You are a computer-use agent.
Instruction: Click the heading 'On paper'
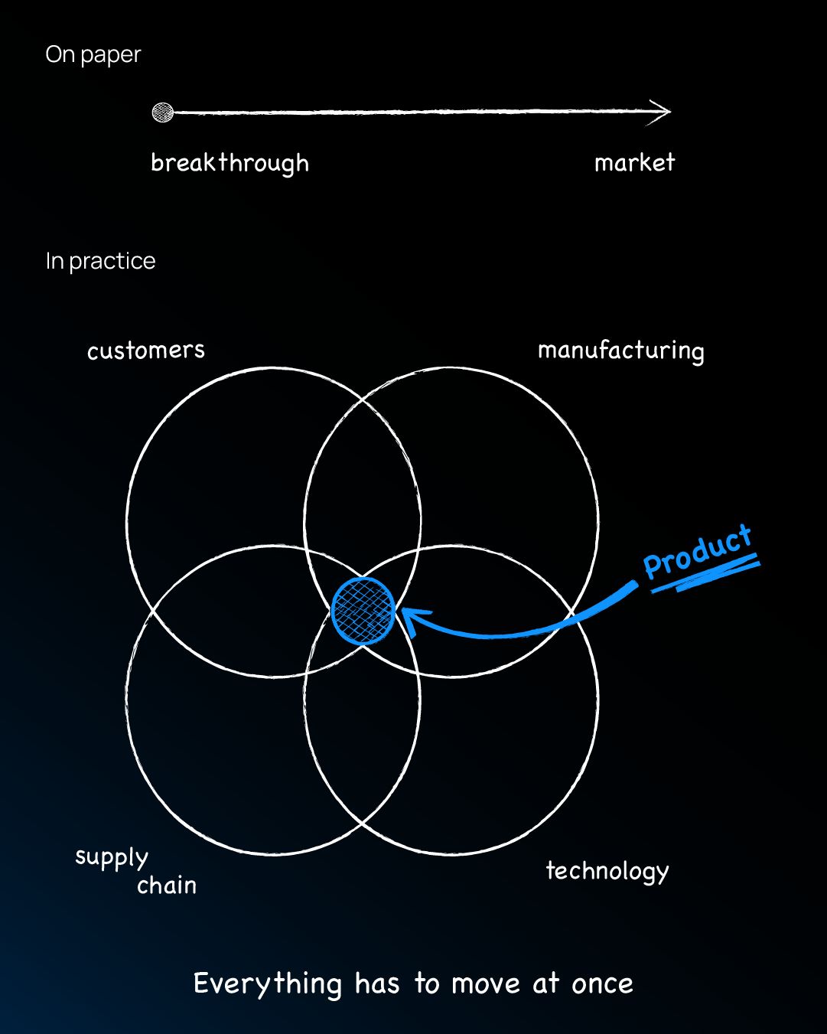[x=93, y=55]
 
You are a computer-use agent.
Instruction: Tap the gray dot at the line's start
[x=163, y=113]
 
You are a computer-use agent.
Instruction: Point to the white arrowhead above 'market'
[x=660, y=112]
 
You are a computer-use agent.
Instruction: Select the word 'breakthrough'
[x=230, y=163]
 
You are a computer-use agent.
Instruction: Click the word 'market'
[x=634, y=162]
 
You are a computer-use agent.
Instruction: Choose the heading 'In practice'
[x=100, y=262]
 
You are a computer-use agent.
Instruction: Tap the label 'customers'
[x=146, y=351]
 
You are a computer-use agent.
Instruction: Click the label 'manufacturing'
[x=621, y=351]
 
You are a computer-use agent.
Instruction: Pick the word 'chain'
[x=167, y=885]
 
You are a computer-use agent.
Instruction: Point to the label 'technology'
[x=607, y=871]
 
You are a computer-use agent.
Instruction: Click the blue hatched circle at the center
[x=363, y=611]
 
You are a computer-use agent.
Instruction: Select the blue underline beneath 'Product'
[x=705, y=573]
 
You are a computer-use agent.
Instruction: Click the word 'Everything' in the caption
[x=268, y=983]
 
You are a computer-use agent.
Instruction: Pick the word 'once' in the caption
[x=602, y=984]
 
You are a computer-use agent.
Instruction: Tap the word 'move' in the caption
[x=486, y=984]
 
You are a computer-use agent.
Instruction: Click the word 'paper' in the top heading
[x=111, y=57]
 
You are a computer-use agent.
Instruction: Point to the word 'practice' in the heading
[x=112, y=263]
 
